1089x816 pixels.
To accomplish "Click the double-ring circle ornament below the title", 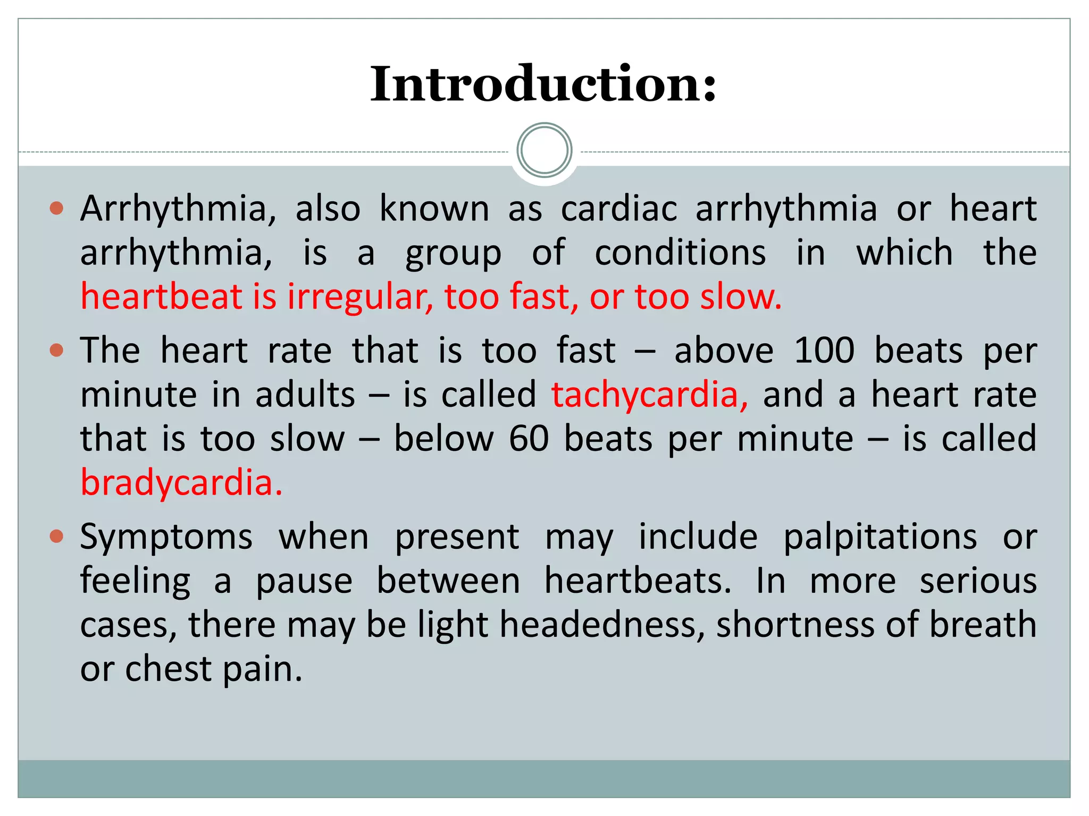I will coord(544,150).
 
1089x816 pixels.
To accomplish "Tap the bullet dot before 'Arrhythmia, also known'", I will coord(56,208).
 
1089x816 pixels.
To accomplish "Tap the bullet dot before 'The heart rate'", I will coord(56,350).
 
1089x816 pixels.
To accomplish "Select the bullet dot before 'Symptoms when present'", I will coord(56,536).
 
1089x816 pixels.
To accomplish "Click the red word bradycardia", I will coord(181,482).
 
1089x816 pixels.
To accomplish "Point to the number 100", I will coord(824,351).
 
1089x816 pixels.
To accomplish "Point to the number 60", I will coord(529,439).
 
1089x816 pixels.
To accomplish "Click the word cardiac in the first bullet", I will coord(619,208).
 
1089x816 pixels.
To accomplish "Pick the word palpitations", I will coord(880,537).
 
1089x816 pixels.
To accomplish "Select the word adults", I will coord(305,395).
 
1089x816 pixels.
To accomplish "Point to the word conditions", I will coord(680,252).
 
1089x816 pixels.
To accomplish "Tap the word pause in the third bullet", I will coord(304,581).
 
